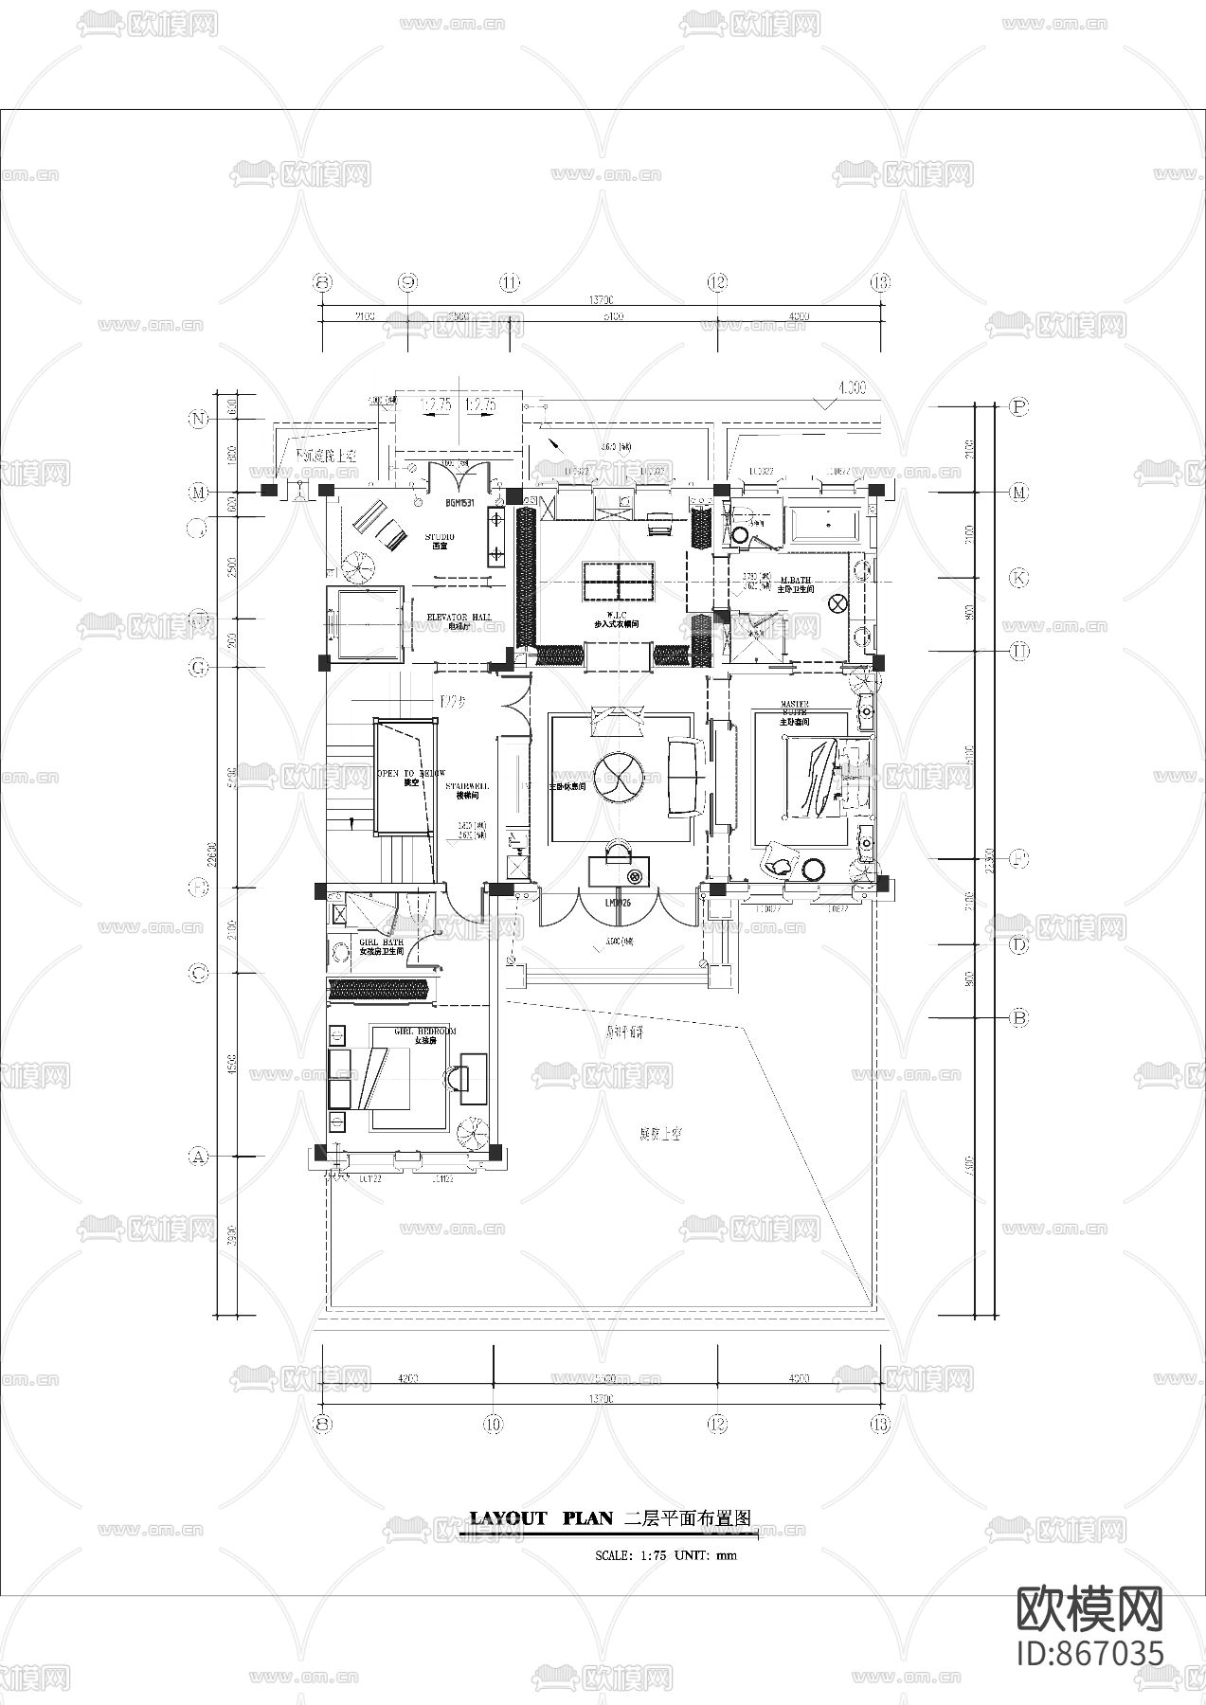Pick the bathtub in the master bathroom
(823, 524)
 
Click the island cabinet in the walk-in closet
(619, 580)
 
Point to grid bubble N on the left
(198, 420)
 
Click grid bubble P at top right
(1019, 406)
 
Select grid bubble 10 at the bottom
(493, 1423)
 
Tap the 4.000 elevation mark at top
(851, 388)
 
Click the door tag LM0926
(618, 903)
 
